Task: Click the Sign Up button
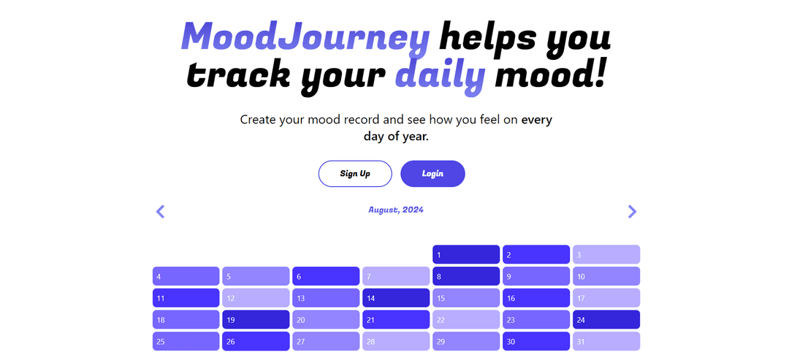click(355, 174)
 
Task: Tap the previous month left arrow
click(161, 212)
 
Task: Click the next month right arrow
click(632, 212)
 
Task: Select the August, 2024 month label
click(395, 210)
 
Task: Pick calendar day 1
click(466, 255)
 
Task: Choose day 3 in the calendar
click(606, 255)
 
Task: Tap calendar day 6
click(326, 277)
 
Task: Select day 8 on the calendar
click(466, 277)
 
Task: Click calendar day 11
click(186, 298)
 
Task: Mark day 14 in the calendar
click(396, 298)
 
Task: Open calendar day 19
click(256, 320)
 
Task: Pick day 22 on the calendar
click(466, 320)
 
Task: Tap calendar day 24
click(606, 320)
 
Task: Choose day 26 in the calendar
click(256, 341)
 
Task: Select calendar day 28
click(396, 341)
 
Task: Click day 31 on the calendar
click(606, 341)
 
